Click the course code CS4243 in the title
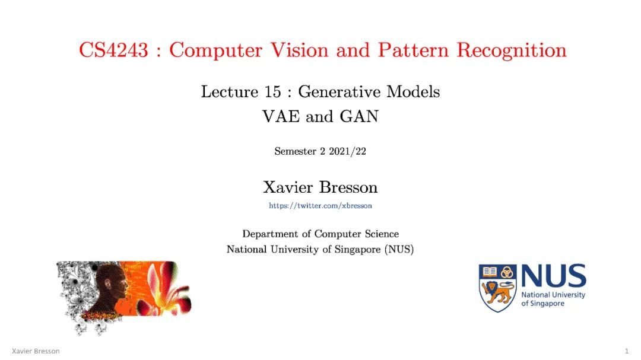click(113, 50)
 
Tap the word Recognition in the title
click(512, 51)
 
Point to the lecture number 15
click(272, 91)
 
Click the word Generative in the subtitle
click(339, 91)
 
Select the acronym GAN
click(359, 116)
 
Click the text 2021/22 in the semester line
click(347, 151)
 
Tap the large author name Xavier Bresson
click(320, 187)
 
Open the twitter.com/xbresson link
click(320, 206)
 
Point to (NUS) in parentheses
click(399, 249)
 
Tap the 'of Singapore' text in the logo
click(542, 304)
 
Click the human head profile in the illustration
click(109, 288)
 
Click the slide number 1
click(627, 351)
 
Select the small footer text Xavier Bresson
click(36, 351)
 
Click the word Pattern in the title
click(413, 50)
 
